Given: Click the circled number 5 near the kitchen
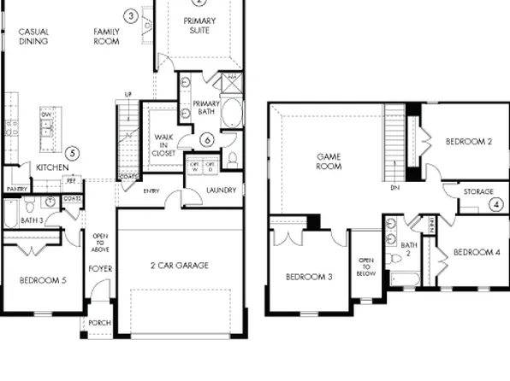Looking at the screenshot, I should coord(73,153).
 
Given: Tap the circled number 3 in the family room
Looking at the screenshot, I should coord(130,15).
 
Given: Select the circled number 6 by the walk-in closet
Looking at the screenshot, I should coord(206,139).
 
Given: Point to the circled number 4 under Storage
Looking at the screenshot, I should coord(495,204).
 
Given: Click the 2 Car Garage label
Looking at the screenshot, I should coord(180,266).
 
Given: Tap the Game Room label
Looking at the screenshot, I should coord(329,161).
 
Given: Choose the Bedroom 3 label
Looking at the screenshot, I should coord(309,277).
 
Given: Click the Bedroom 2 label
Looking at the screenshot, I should coord(466,142).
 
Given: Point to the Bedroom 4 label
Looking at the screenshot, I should coord(477,252).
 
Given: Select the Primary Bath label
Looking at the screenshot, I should coord(206,107).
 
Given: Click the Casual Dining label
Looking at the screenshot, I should coord(33,37).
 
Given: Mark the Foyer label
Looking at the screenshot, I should coord(100,269).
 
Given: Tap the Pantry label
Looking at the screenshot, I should coord(16,189).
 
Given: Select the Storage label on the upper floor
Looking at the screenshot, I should coord(478,192).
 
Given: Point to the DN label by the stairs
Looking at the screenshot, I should coord(394,187).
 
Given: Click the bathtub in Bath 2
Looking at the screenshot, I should coord(404,279).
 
